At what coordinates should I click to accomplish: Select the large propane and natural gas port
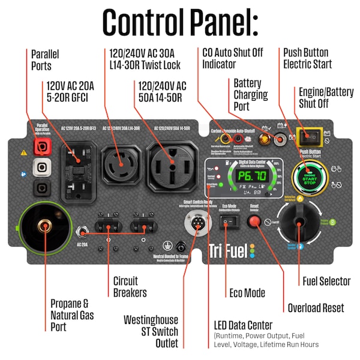coord(43,227)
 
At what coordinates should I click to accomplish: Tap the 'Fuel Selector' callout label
coord(326,281)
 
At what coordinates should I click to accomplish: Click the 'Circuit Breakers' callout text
coord(130,287)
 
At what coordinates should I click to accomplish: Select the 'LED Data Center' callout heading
coord(243,325)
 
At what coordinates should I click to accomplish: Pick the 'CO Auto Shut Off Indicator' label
coord(233,58)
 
